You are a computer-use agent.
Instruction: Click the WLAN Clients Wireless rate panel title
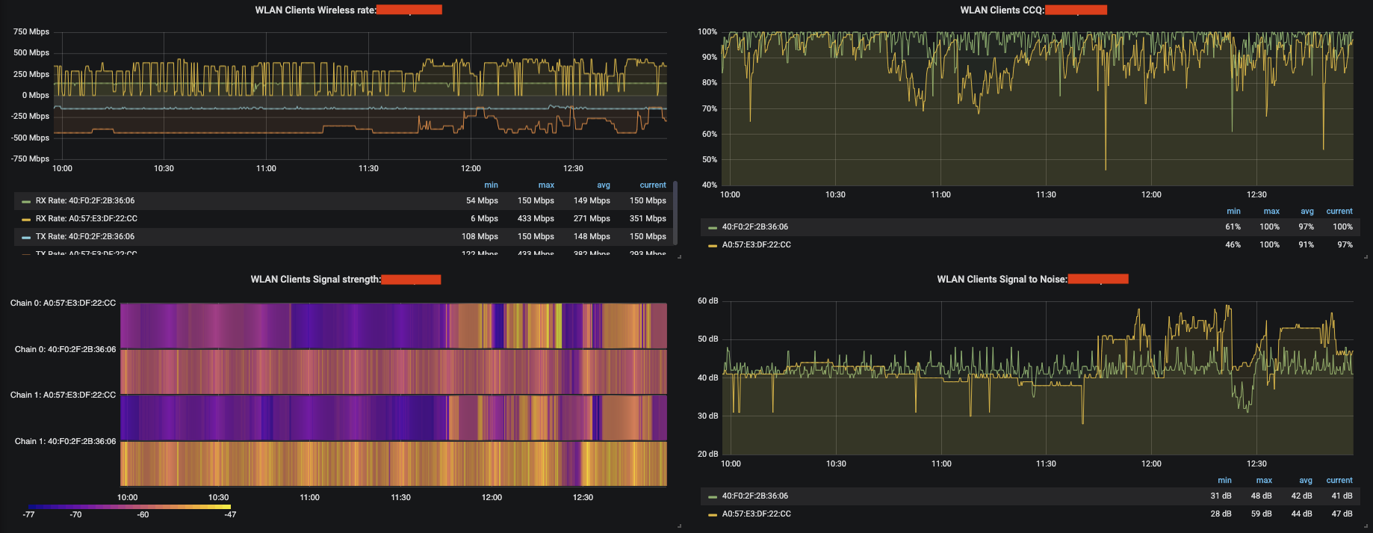315,10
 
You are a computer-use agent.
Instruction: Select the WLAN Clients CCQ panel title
1002,10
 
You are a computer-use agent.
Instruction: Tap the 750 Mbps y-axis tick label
31,31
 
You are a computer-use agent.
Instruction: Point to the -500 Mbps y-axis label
30,138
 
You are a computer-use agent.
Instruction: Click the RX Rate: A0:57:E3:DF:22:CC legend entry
86,218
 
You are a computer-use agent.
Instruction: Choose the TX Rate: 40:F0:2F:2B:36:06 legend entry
84,236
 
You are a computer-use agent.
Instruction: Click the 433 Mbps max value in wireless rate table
536,218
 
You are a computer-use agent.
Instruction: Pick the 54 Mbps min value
482,200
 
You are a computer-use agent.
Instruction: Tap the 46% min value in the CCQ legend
1233,244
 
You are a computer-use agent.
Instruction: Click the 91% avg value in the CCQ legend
1306,244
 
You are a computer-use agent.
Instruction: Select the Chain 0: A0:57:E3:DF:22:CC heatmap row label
63,303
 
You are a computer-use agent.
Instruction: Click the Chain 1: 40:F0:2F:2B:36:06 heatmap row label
65,441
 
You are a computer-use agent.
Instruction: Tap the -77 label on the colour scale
28,514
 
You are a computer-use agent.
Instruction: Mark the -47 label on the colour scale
230,514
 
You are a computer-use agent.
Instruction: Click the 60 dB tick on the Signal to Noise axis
707,301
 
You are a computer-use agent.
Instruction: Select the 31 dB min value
1221,496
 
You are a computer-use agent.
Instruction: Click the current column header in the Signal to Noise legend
1339,480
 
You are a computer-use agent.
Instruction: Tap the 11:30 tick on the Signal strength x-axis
400,497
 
